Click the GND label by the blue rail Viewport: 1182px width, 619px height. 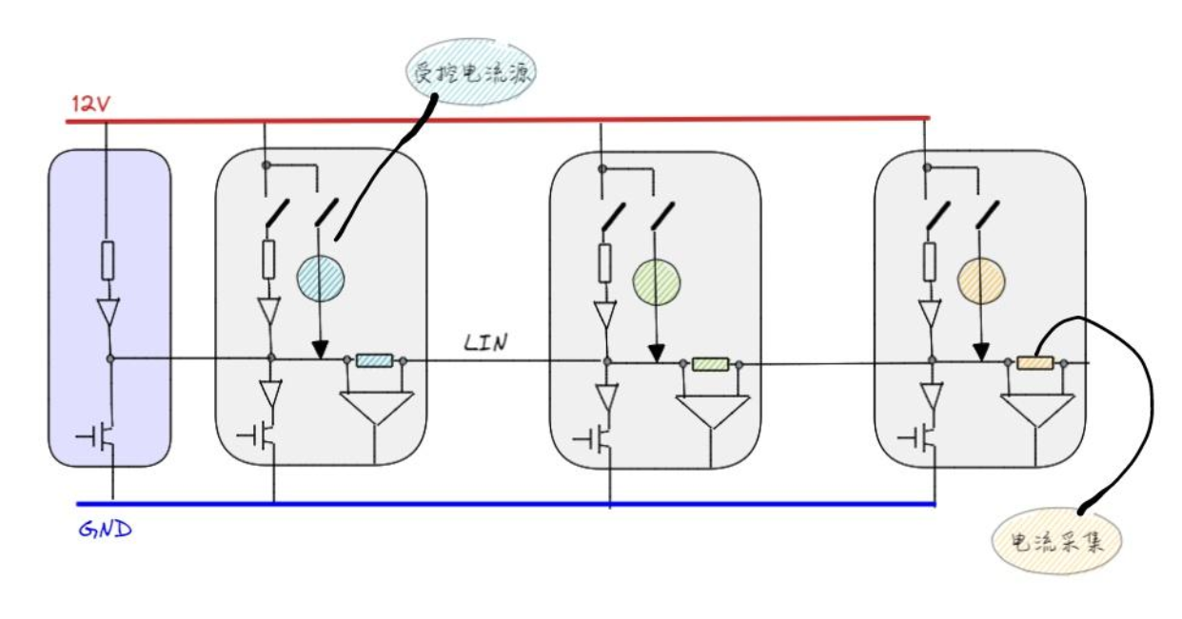pos(102,528)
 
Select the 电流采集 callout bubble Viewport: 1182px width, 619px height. pos(1056,542)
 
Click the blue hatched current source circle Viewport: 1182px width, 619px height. pos(320,277)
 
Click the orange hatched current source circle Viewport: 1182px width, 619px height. pos(981,279)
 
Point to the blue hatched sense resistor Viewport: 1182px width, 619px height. pos(374,360)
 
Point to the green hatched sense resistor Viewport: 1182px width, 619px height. pos(710,363)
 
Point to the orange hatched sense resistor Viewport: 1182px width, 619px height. pos(1035,362)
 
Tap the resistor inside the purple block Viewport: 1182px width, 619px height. pos(108,260)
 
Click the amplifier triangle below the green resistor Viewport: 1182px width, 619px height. pos(712,411)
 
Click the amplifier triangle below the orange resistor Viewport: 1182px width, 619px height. pos(1037,410)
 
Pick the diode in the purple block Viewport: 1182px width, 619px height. pos(108,311)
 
